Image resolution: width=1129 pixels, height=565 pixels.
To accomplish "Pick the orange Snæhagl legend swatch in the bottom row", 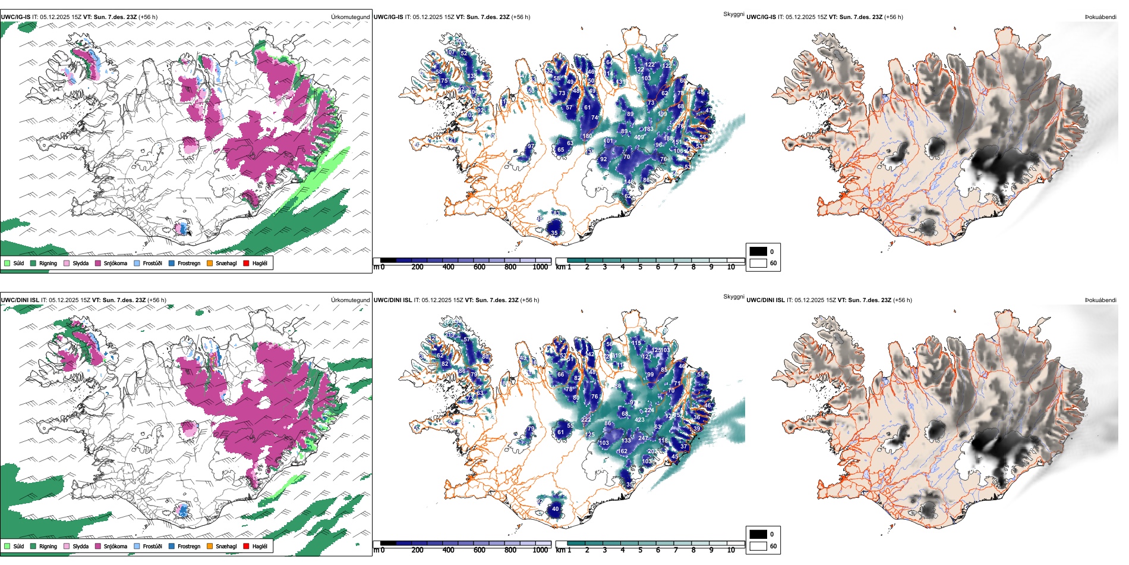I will [210, 546].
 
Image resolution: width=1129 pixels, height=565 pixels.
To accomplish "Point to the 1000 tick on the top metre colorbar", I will [540, 267].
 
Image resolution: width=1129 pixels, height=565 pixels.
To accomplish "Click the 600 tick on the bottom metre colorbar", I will [479, 550].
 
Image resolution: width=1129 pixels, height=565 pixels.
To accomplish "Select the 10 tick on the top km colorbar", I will [731, 267].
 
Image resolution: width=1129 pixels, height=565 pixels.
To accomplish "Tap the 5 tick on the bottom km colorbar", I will [640, 550].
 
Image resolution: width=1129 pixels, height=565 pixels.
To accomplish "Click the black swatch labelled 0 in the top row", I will [758, 252].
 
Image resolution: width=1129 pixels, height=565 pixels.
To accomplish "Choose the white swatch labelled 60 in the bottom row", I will [758, 546].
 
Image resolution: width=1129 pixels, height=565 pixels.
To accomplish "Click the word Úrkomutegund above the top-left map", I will [350, 17].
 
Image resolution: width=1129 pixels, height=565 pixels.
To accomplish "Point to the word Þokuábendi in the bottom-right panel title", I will [1100, 300].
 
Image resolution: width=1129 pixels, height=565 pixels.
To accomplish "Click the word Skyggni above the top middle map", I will [733, 14].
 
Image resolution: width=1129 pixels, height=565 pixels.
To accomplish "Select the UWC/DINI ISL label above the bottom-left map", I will [20, 300].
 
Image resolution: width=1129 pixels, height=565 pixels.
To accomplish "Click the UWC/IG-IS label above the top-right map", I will [761, 17].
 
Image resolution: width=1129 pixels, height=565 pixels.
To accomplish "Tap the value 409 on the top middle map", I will [639, 137].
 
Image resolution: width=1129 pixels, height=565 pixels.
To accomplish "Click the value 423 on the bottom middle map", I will [639, 420].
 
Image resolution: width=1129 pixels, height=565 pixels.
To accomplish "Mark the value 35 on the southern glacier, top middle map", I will [554, 233].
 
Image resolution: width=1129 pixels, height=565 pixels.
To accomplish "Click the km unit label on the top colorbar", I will [560, 267].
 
